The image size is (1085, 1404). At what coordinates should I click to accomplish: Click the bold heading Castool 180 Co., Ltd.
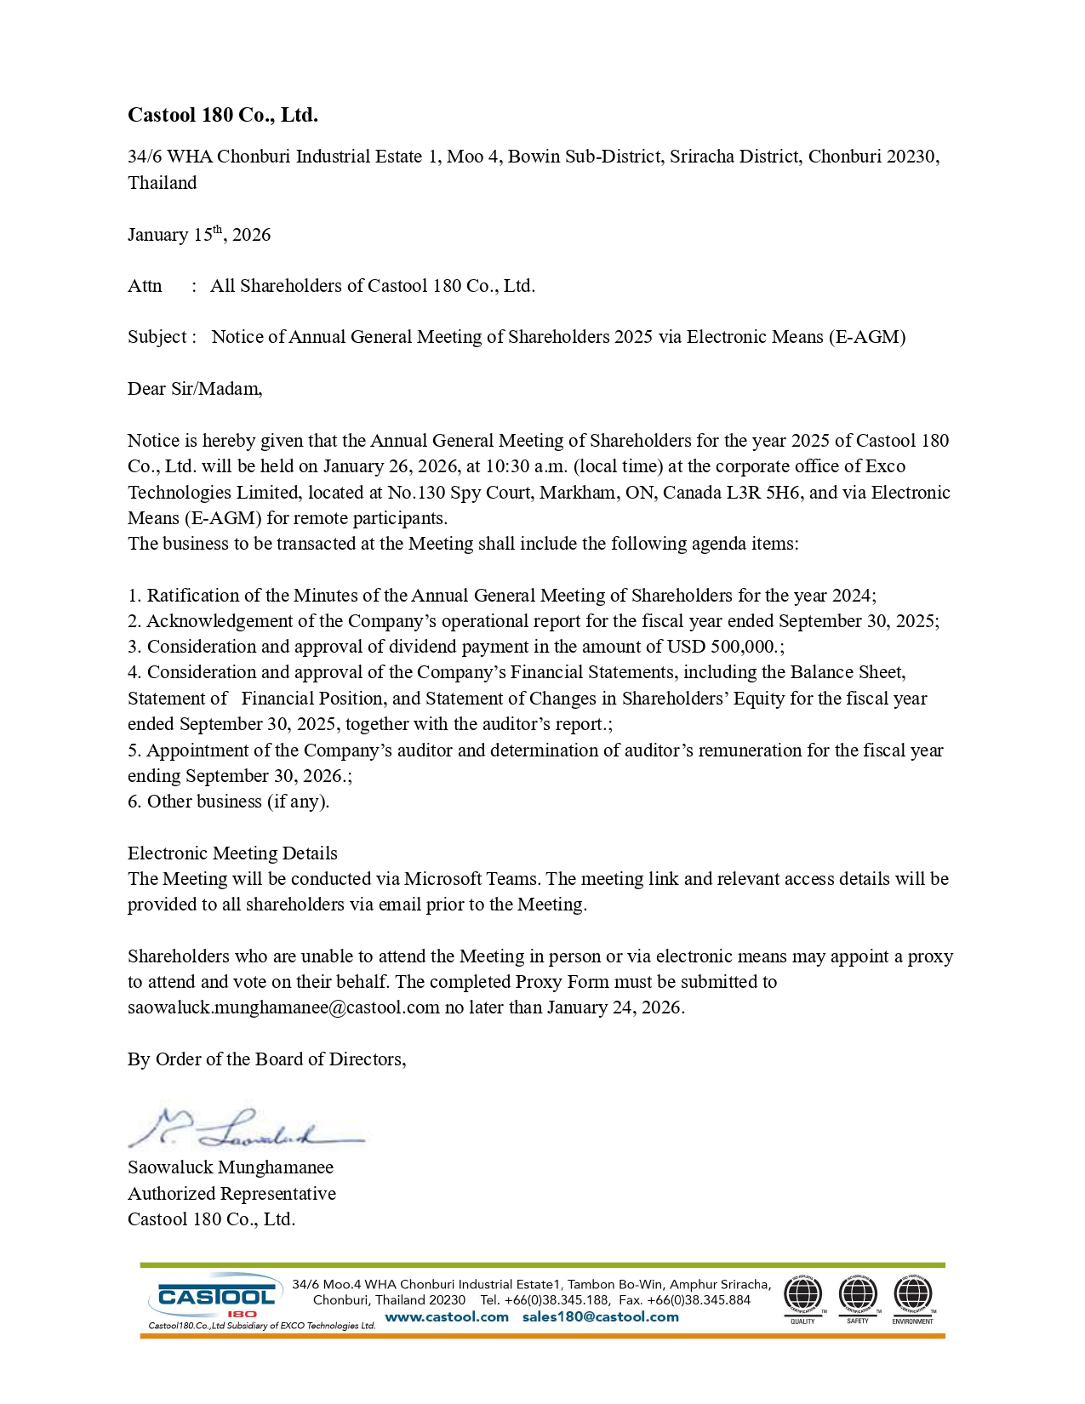[223, 115]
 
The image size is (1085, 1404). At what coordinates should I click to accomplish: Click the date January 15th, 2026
[199, 235]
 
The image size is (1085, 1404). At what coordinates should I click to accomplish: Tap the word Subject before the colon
[157, 337]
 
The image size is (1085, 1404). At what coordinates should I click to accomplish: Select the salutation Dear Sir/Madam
[195, 389]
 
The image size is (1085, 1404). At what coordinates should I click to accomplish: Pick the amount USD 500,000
[723, 647]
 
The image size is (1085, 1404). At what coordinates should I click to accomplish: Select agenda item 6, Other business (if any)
[228, 802]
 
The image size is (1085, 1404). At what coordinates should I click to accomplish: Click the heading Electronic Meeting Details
[232, 853]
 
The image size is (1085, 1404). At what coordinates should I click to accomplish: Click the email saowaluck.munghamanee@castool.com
[283, 1007]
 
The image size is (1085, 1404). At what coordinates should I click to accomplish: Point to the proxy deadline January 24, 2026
[614, 1007]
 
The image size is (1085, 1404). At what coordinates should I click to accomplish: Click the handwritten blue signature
[243, 1128]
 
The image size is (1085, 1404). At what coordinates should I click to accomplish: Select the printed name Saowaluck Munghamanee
[231, 1167]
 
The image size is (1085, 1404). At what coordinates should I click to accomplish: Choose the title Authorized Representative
[231, 1194]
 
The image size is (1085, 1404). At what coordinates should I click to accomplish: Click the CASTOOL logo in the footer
[217, 1298]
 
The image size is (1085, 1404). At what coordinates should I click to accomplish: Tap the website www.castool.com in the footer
[447, 1317]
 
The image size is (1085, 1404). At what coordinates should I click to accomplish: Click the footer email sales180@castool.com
[601, 1317]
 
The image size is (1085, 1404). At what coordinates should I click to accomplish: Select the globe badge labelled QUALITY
[802, 1296]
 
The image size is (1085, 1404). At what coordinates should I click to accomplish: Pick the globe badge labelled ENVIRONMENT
[913, 1296]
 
